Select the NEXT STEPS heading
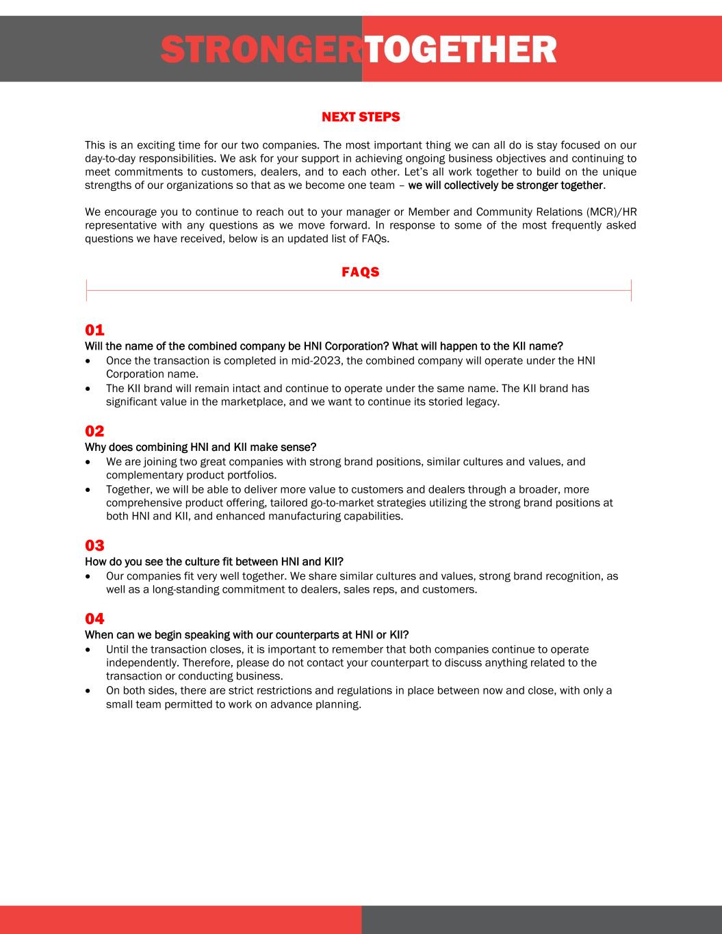coord(361,117)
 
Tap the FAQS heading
coord(361,272)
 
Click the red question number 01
coord(94,330)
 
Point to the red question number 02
coord(94,431)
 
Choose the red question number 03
coord(94,545)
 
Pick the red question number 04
coord(94,619)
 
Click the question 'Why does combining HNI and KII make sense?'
coord(201,447)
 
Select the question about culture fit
coord(214,562)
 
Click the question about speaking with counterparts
coord(246,636)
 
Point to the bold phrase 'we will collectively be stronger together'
coord(506,185)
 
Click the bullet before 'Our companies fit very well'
coord(89,577)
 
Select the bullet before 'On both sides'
coord(89,691)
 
